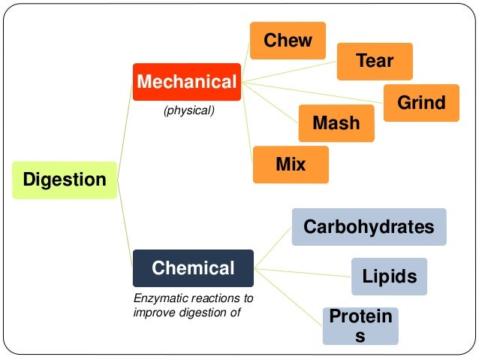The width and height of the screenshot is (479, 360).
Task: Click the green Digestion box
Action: click(x=65, y=180)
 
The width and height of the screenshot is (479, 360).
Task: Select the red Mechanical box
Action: click(x=186, y=82)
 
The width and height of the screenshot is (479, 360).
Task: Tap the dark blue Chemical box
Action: click(x=193, y=268)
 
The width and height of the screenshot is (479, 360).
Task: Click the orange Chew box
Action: click(x=288, y=40)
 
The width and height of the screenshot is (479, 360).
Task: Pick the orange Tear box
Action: click(x=375, y=61)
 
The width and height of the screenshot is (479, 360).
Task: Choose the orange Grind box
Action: click(x=421, y=103)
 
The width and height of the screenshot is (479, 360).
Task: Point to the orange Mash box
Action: click(x=336, y=123)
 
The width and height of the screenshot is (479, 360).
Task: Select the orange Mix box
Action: click(x=291, y=164)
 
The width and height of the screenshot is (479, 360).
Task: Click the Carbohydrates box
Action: click(x=369, y=227)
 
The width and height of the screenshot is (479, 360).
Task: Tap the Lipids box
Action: click(x=389, y=276)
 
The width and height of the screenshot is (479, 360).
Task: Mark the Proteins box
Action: click(x=360, y=326)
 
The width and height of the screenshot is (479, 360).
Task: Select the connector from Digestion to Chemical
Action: click(x=125, y=225)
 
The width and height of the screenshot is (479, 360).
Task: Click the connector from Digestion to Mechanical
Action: click(x=125, y=128)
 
